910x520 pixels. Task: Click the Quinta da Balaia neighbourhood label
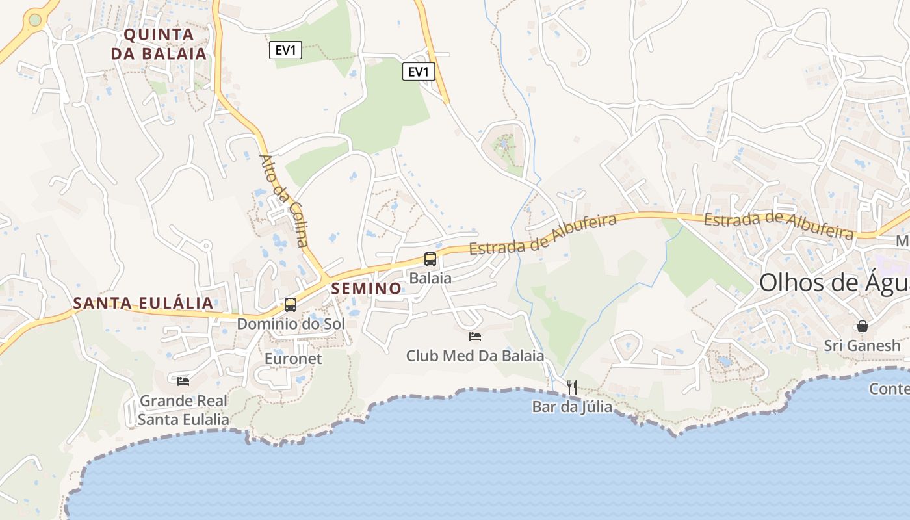pyautogui.click(x=159, y=44)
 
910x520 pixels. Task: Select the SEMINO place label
pyautogui.click(x=367, y=288)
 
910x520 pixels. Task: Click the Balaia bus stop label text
pyautogui.click(x=430, y=278)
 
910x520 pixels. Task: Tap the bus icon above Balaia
pyautogui.click(x=430, y=259)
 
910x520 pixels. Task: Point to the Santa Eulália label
pyautogui.click(x=143, y=303)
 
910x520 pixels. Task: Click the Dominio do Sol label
pyautogui.click(x=291, y=323)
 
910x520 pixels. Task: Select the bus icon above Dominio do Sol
pyautogui.click(x=291, y=304)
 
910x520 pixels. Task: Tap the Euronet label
pyautogui.click(x=293, y=359)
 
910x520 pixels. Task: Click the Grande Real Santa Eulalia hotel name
pyautogui.click(x=183, y=410)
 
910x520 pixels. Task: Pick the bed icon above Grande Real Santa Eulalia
pyautogui.click(x=183, y=381)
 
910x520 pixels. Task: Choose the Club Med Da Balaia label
pyautogui.click(x=475, y=356)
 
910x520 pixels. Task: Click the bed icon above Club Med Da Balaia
pyautogui.click(x=475, y=337)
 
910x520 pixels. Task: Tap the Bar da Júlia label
pyautogui.click(x=572, y=407)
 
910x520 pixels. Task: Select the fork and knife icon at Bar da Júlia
pyautogui.click(x=572, y=387)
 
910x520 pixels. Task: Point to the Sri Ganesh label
pyautogui.click(x=863, y=345)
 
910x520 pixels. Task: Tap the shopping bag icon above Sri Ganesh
pyautogui.click(x=863, y=326)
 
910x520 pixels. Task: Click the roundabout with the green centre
pyautogui.click(x=35, y=20)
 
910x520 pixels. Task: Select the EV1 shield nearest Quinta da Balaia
pyautogui.click(x=286, y=50)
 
